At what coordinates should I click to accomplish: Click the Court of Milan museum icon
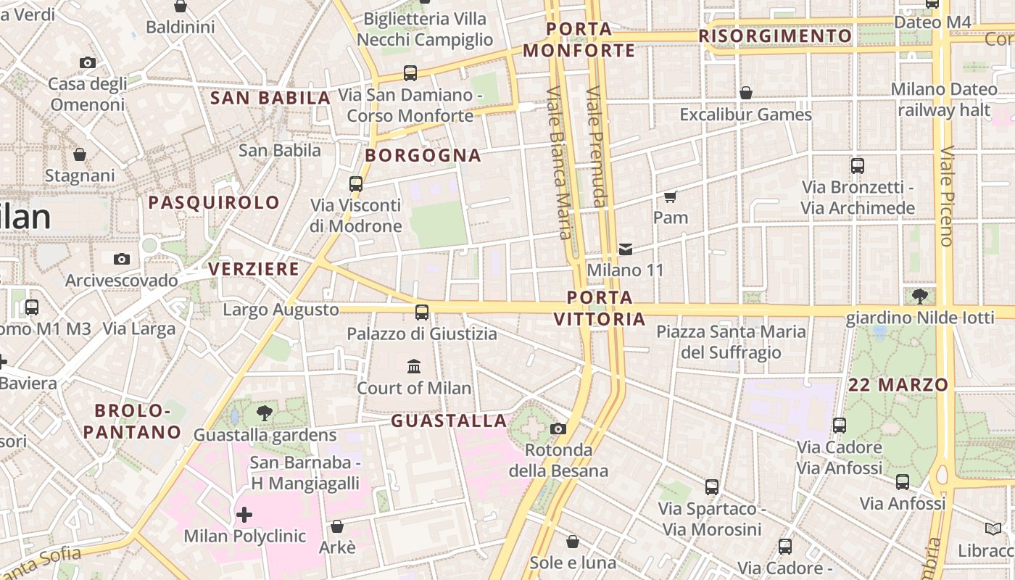click(414, 366)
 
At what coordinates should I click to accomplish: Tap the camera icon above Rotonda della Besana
click(558, 428)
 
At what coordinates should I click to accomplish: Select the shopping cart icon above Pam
click(671, 196)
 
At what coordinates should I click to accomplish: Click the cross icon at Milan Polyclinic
click(244, 515)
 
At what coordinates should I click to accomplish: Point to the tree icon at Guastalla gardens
click(265, 413)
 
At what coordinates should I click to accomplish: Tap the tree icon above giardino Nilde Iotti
click(920, 296)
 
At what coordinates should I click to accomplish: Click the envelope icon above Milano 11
click(625, 249)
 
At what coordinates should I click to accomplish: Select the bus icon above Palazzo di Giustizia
click(421, 312)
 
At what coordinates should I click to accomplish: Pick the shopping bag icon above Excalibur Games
click(745, 93)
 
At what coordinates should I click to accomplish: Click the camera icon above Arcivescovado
click(122, 259)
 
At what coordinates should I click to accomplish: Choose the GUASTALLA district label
click(449, 420)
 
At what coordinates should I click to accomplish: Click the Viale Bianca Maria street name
click(559, 163)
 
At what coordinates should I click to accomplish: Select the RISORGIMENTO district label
click(775, 36)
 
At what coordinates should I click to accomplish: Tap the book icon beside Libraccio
click(993, 529)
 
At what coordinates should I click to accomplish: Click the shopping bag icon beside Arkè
click(336, 526)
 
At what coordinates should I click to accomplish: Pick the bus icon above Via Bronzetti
click(858, 166)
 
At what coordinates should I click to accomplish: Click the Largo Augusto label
click(281, 310)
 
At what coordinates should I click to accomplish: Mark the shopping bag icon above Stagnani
click(80, 154)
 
